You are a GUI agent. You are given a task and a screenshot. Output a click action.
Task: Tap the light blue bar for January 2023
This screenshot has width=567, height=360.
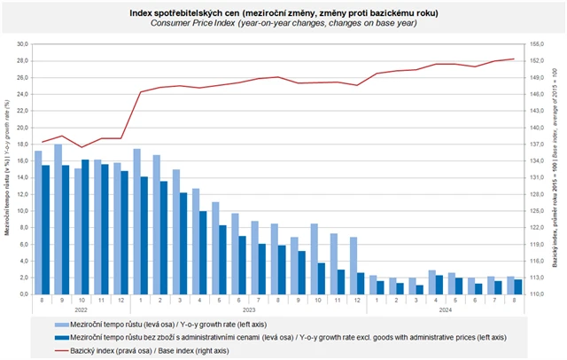pyautogui.click(x=136, y=222)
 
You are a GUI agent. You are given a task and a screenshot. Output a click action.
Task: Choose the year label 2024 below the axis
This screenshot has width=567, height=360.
pyautogui.click(x=447, y=309)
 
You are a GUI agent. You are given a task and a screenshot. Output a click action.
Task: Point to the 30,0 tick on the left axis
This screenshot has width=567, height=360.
pyautogui.click(x=23, y=43)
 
